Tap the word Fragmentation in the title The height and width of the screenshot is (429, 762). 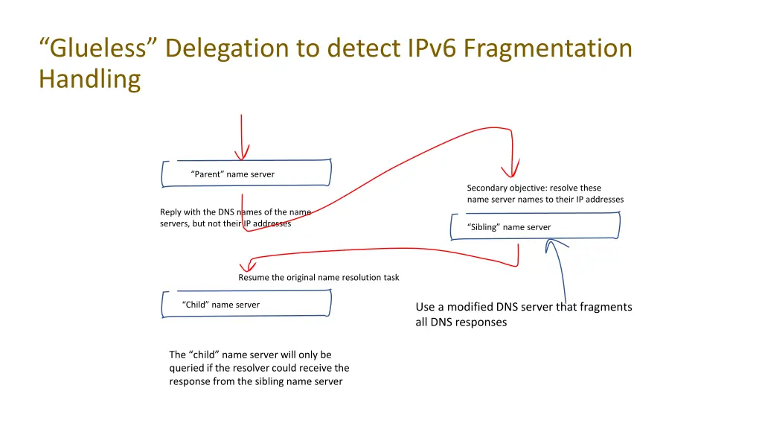[x=548, y=48]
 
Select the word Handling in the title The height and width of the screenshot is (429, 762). [x=90, y=78]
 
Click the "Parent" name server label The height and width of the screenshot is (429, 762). [x=232, y=174]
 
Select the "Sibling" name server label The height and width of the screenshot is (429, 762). [x=509, y=227]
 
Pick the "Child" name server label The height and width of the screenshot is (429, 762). [x=221, y=305]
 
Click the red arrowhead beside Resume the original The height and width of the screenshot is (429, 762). [x=244, y=266]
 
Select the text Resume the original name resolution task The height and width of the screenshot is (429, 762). [x=318, y=277]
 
